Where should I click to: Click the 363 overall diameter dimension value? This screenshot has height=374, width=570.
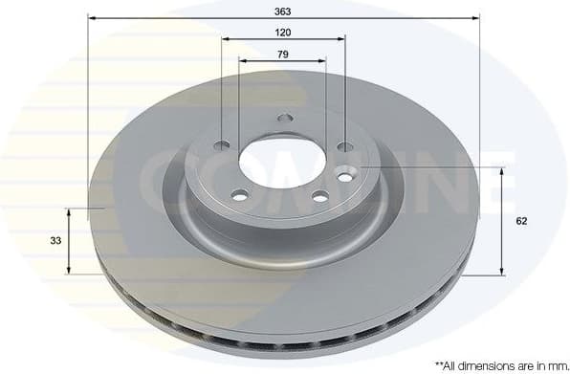point(283,11)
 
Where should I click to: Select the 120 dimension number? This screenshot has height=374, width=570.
point(283,32)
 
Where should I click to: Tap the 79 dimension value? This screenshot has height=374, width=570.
point(283,54)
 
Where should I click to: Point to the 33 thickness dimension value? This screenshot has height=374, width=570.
point(56,240)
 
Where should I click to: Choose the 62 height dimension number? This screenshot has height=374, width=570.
point(521,220)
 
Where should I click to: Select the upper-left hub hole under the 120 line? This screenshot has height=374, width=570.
point(222,145)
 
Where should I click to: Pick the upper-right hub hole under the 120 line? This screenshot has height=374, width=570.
point(345,146)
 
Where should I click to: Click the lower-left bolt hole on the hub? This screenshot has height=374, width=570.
point(239,195)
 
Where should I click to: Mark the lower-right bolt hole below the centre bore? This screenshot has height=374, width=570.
point(319,197)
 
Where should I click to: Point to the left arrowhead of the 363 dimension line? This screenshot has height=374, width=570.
point(91,17)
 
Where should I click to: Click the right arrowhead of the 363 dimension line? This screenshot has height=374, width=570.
point(476,17)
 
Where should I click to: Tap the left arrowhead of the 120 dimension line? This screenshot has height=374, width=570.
point(225,38)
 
